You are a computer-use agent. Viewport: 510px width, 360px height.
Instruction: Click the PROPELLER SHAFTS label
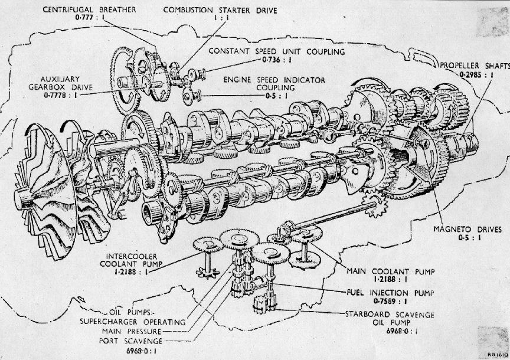[x=472, y=65]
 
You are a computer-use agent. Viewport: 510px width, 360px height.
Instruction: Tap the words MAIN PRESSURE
[x=136, y=332]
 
